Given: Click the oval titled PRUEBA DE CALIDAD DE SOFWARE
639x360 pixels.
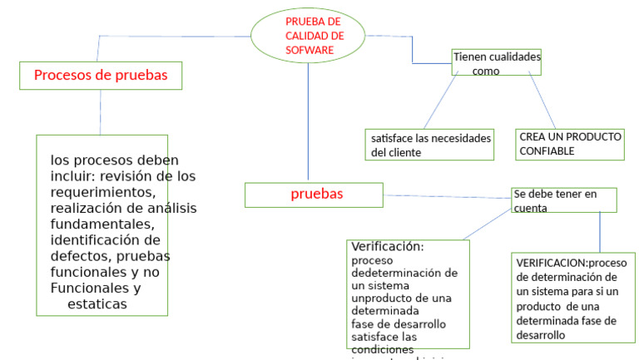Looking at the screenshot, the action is (308, 35).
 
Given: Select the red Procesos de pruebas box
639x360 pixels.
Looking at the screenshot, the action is (101, 76).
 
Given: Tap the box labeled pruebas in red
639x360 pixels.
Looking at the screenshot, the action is (314, 195).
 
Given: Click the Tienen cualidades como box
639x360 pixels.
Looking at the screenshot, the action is (496, 64).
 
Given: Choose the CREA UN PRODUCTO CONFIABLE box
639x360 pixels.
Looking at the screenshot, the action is (569, 145).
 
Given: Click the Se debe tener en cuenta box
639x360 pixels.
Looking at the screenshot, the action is (564, 200).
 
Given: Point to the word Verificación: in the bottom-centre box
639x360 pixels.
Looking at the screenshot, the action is (388, 247).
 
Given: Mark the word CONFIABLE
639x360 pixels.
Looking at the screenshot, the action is (547, 152).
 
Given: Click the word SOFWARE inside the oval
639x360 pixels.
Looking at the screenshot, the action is (309, 50).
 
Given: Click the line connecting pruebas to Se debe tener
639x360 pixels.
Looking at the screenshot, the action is (447, 197).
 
